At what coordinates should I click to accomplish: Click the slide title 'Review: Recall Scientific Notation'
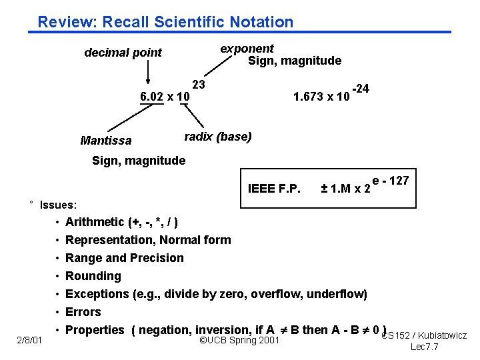(x=165, y=22)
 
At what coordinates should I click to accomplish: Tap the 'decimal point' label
(x=123, y=53)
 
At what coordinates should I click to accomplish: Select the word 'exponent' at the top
(x=247, y=49)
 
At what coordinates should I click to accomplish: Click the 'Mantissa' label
(x=105, y=141)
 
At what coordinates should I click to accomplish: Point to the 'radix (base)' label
(x=217, y=137)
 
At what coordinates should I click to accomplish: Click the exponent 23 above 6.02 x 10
(x=199, y=85)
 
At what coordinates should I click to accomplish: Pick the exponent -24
(x=361, y=89)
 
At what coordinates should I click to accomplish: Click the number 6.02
(x=151, y=97)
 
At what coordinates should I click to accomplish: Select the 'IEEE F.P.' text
(x=274, y=187)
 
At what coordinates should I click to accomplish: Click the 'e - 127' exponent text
(x=391, y=181)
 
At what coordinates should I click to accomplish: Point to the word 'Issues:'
(x=59, y=205)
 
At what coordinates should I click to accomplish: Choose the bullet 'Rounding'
(x=93, y=276)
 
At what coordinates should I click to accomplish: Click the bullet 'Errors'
(x=83, y=312)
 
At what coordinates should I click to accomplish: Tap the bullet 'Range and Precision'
(x=125, y=258)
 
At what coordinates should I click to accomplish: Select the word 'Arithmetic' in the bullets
(x=95, y=222)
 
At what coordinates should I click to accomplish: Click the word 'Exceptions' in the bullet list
(x=97, y=294)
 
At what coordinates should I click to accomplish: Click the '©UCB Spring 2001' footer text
(x=239, y=341)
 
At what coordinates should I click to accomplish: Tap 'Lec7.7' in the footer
(x=424, y=347)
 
